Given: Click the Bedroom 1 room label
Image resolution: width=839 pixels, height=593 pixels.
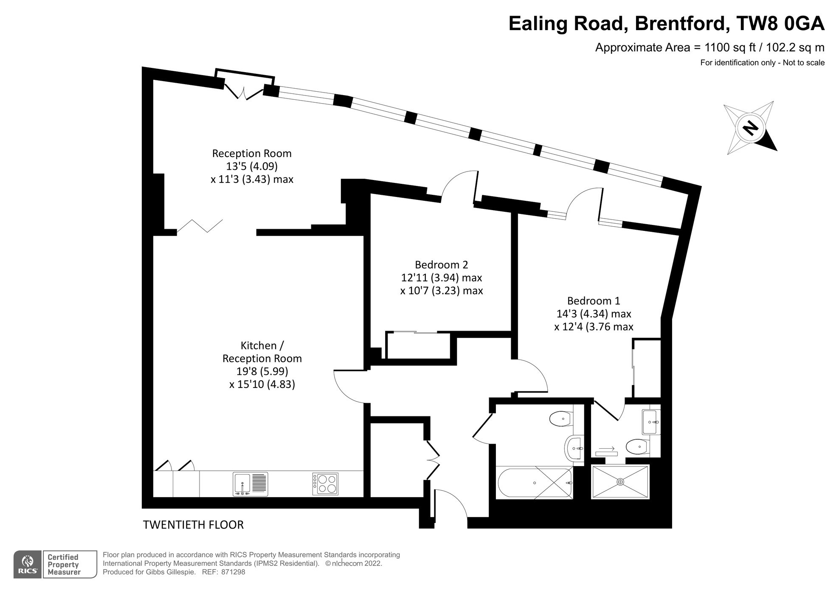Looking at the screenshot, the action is (x=594, y=301).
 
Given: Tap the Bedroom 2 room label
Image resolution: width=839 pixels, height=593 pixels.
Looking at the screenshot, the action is (x=442, y=265).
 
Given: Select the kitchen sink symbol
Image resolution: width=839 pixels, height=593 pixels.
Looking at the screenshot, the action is (x=251, y=484).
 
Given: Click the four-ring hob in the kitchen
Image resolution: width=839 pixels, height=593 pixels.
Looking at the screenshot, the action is (x=326, y=484).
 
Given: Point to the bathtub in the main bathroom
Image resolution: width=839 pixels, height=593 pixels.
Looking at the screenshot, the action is (x=534, y=483).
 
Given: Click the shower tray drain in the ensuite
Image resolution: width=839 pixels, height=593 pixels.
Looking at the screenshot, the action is (x=620, y=482).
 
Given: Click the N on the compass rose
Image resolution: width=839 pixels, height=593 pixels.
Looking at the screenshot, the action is (x=750, y=127).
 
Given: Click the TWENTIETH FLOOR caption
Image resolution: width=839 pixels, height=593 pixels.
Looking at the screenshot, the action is (x=193, y=525).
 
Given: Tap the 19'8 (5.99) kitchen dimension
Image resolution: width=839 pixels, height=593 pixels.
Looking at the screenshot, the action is (x=262, y=371).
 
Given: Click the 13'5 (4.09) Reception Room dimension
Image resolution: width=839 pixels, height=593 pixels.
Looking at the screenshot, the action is (x=252, y=166).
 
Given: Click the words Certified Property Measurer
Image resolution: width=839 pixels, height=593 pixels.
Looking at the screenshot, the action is (x=63, y=565).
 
